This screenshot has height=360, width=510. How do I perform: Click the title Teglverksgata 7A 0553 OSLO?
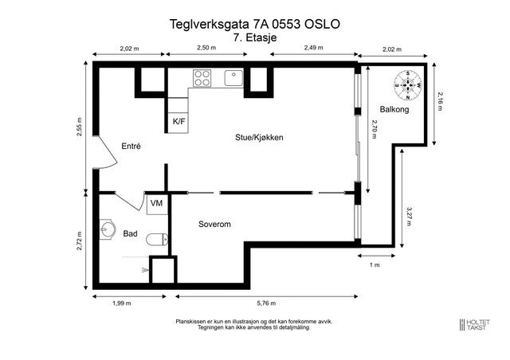pyautogui.click(x=255, y=24)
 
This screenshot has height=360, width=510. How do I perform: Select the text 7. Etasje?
pyautogui.click(x=255, y=37)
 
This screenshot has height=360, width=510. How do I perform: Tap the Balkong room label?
pyautogui.click(x=394, y=109)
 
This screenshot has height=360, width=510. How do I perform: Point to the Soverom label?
pyautogui.click(x=214, y=225)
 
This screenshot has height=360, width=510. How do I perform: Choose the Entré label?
pyautogui.click(x=131, y=147)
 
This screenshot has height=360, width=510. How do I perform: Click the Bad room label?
pyautogui.click(x=131, y=234)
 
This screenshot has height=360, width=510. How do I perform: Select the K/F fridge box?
pyautogui.click(x=179, y=121)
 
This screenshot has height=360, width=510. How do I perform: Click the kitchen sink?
pyautogui.click(x=233, y=77)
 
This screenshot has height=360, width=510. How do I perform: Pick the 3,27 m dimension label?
pyautogui.click(x=409, y=216)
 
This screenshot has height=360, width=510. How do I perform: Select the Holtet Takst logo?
pyautogui.click(x=477, y=324)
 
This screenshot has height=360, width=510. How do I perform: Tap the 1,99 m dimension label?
pyautogui.click(x=121, y=303)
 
